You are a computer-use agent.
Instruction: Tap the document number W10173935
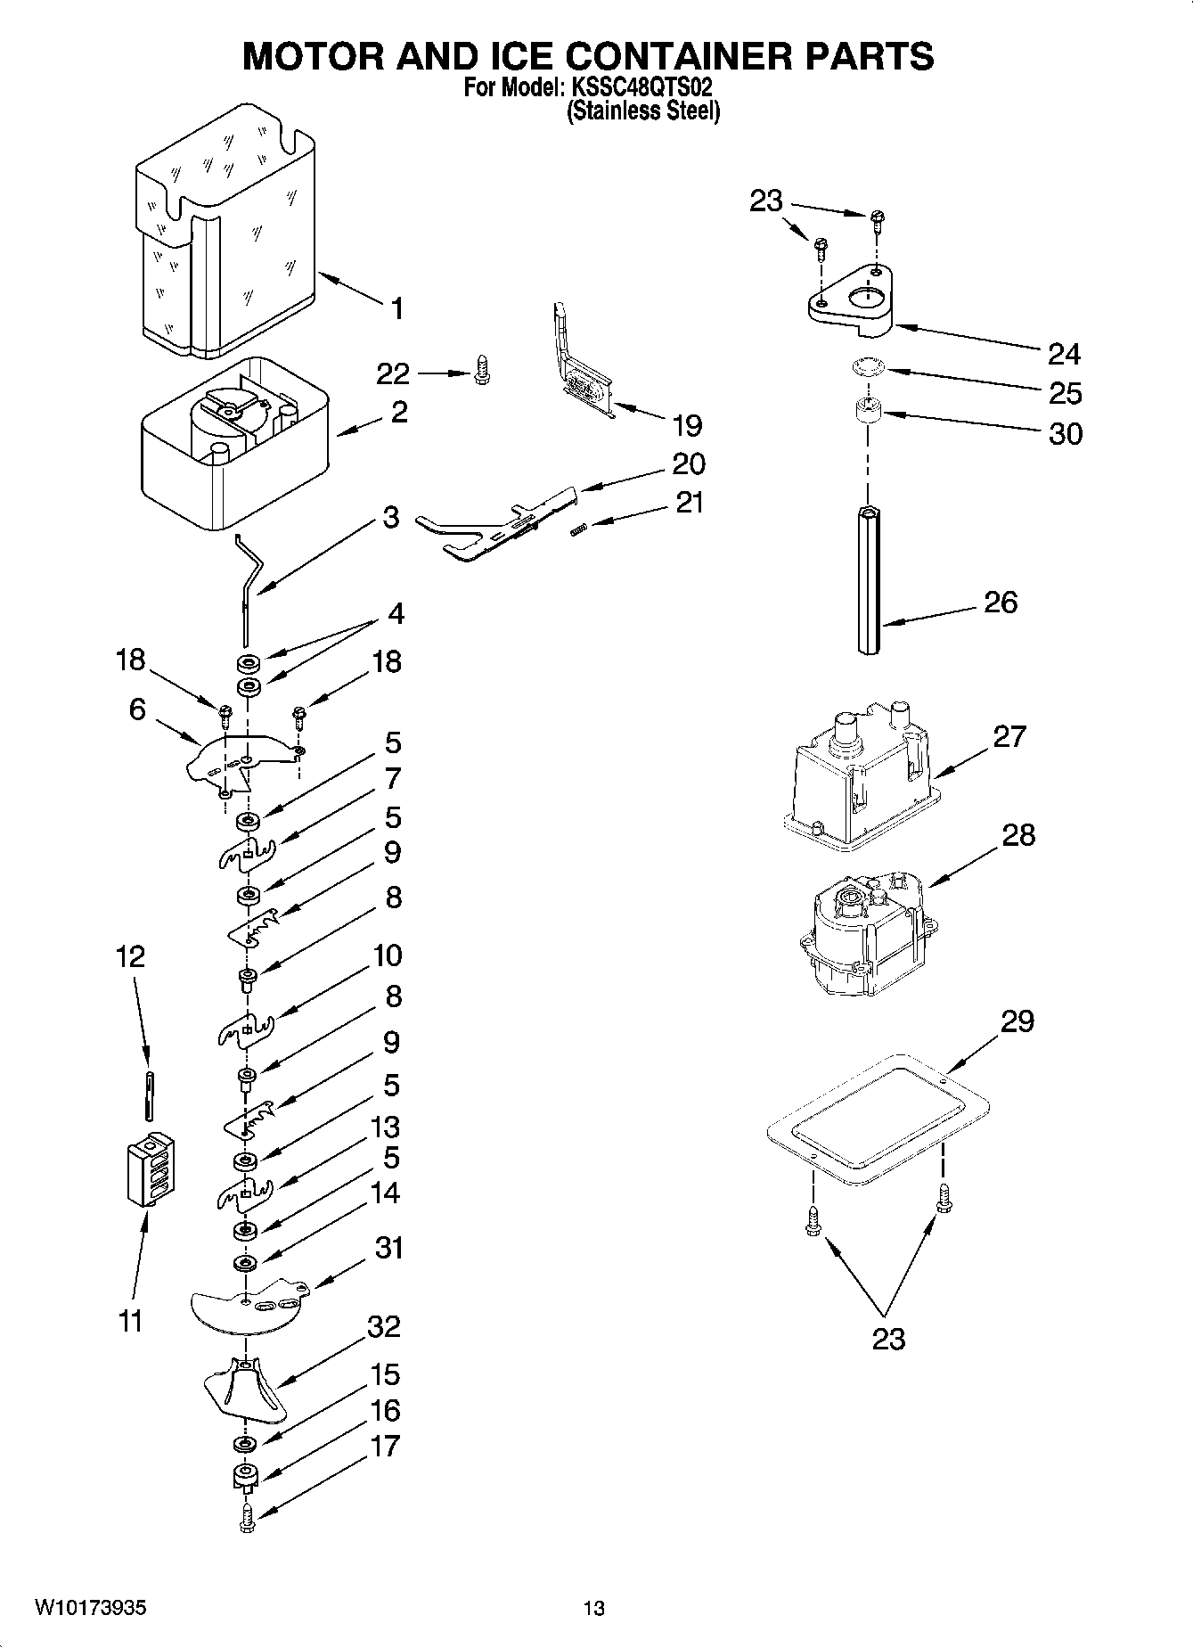tap(90, 1608)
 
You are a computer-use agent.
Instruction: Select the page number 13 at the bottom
tap(593, 1609)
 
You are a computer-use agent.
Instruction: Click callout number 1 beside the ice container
tap(396, 308)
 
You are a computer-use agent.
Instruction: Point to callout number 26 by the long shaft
tap(1000, 603)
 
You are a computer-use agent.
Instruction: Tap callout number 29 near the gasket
tap(1017, 1021)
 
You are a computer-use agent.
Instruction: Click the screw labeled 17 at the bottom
tap(248, 1516)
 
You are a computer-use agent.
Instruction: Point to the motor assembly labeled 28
tap(862, 939)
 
